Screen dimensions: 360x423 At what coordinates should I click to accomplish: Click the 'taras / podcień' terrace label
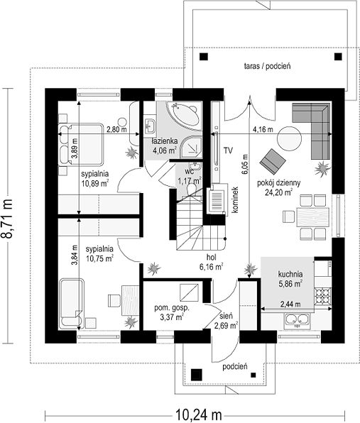point(267,66)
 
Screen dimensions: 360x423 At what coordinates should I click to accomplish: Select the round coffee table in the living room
point(289,138)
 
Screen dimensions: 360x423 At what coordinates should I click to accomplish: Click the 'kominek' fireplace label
point(234,199)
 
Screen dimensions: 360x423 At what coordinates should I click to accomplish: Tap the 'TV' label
point(228,150)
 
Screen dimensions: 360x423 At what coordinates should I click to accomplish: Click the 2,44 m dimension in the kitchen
point(290,304)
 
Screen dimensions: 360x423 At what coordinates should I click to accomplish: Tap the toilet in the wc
point(192,189)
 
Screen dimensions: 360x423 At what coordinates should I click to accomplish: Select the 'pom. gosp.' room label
point(172,308)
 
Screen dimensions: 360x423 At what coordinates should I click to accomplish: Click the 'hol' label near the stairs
point(212,256)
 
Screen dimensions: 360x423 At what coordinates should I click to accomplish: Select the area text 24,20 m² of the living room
point(279,192)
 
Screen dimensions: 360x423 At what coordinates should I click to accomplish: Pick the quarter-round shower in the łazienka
point(190,148)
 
